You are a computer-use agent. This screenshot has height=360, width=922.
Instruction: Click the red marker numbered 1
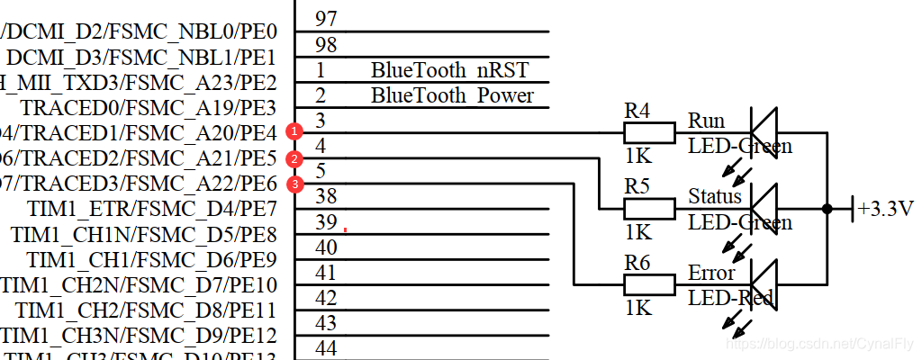[293, 132]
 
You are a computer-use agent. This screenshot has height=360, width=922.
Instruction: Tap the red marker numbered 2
[293, 159]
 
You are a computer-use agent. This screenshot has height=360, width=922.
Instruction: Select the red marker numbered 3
[293, 184]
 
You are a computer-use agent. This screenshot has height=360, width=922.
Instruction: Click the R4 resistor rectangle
[649, 133]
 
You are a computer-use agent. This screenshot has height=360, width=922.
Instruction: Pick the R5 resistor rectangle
[649, 209]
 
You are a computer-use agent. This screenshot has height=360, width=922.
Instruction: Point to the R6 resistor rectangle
[649, 285]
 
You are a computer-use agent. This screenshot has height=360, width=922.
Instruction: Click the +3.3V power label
[885, 209]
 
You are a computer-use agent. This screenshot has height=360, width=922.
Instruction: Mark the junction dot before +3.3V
[827, 209]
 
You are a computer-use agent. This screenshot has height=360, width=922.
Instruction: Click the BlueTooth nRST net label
[449, 70]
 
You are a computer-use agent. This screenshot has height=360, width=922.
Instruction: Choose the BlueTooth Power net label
[452, 95]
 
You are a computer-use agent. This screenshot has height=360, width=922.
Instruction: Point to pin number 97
[326, 18]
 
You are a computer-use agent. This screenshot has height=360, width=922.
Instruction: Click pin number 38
[327, 196]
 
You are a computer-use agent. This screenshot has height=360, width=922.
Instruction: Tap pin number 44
[327, 348]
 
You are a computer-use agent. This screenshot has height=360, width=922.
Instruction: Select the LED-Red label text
[730, 298]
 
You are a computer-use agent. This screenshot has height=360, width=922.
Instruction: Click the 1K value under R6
[637, 309]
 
